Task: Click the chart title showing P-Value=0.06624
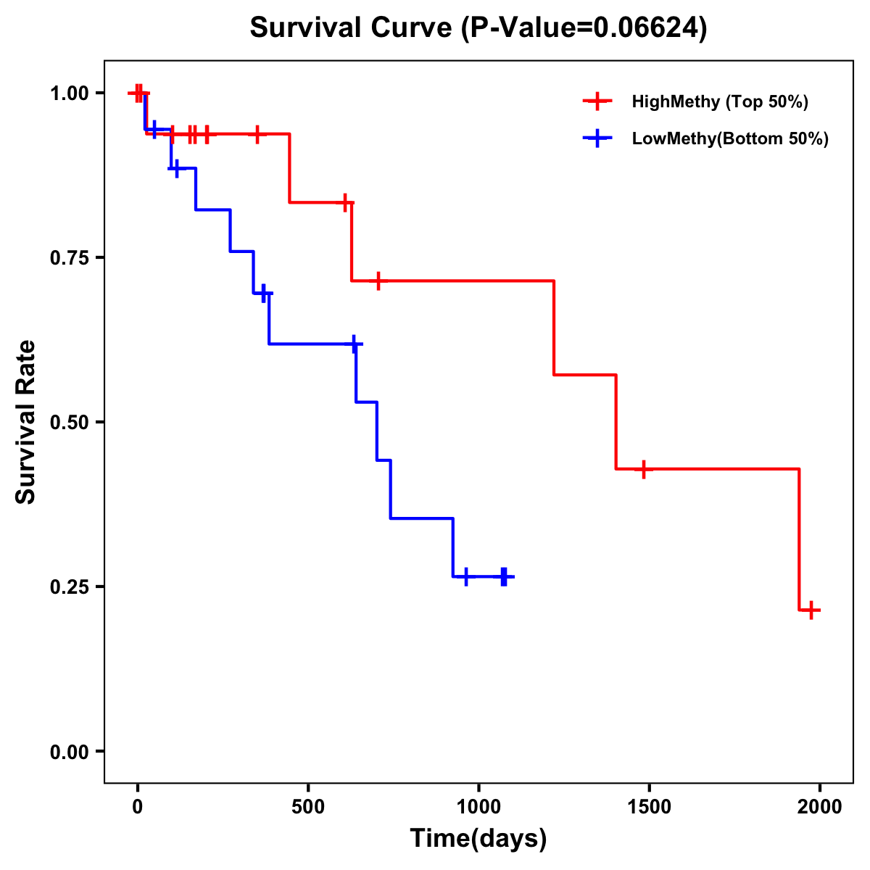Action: (478, 28)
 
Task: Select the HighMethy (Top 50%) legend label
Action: (719, 101)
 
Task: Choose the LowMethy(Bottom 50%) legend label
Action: (730, 138)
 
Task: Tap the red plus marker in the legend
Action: (597, 101)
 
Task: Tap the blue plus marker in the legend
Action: (597, 138)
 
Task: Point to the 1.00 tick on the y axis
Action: (70, 94)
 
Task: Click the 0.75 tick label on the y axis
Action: (70, 258)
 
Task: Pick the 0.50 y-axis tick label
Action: (70, 423)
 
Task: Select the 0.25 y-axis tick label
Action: (70, 587)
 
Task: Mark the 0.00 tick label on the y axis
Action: (70, 752)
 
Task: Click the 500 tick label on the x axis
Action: (308, 807)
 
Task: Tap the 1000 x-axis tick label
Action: (478, 807)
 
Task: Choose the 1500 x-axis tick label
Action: (649, 807)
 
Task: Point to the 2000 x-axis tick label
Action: (819, 807)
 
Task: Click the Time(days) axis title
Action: (478, 838)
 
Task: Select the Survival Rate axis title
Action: (26, 422)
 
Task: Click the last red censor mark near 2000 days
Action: (811, 610)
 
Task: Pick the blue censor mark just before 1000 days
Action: (465, 576)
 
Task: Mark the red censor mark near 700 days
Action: (378, 280)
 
